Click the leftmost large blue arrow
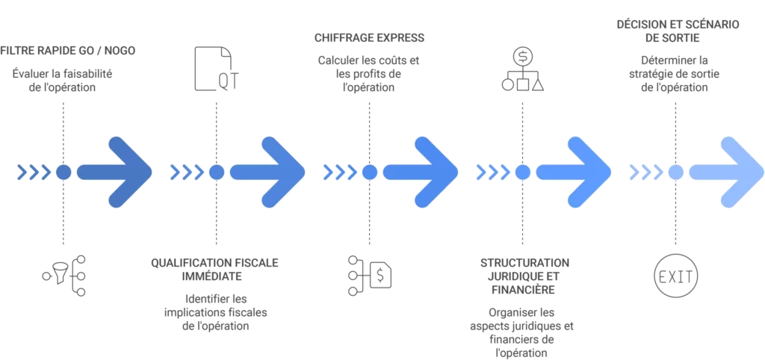[120, 173]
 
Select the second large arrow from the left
[273, 173]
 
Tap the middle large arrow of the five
[426, 173]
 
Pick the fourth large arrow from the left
[579, 173]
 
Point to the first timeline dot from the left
[64, 173]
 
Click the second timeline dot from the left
[217, 173]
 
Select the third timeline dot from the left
[369, 173]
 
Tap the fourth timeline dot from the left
[522, 173]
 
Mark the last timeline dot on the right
[675, 173]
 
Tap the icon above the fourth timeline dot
[521, 69]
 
